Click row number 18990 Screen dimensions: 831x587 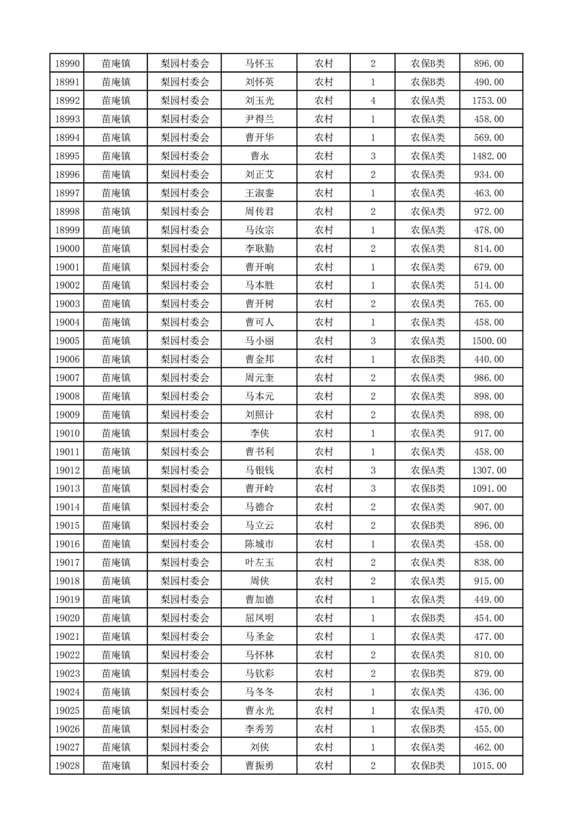67,64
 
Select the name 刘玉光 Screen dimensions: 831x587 260,101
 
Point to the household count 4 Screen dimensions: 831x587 372,101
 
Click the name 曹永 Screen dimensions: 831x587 260,156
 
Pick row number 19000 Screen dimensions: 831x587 67,249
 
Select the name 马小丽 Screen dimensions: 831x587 260,341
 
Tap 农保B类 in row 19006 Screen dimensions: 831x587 428,359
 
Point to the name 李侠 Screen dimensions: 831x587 260,433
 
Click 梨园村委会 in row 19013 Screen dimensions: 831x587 185,489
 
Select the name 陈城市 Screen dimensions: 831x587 260,544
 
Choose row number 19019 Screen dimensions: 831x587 67,600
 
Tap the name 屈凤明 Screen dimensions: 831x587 260,618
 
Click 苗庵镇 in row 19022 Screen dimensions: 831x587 116,655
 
